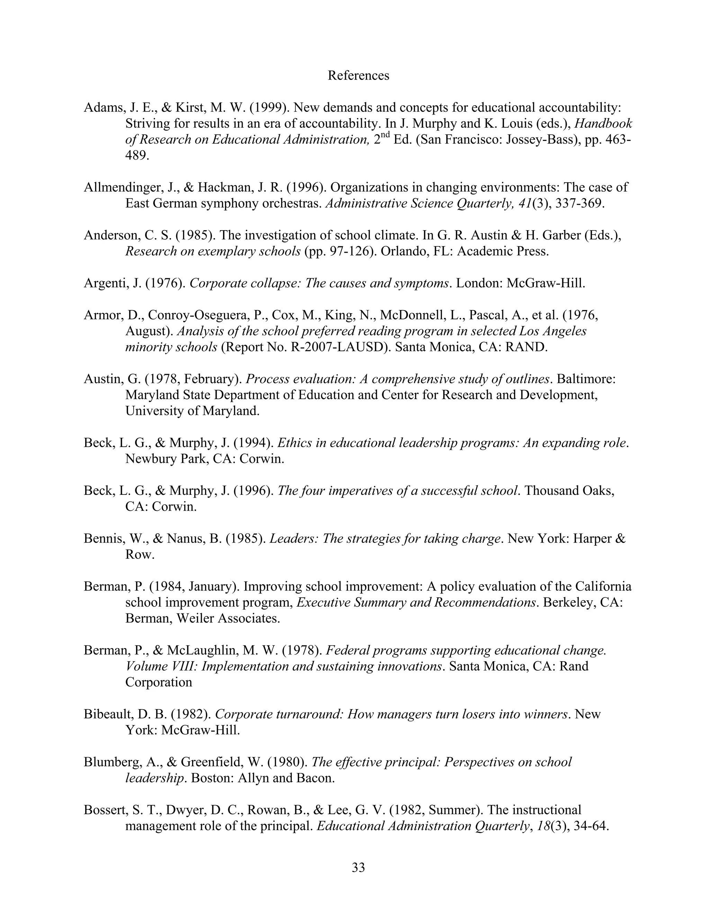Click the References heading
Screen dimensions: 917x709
358,75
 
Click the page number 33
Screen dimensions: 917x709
358,867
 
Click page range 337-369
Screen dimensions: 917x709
580,203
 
